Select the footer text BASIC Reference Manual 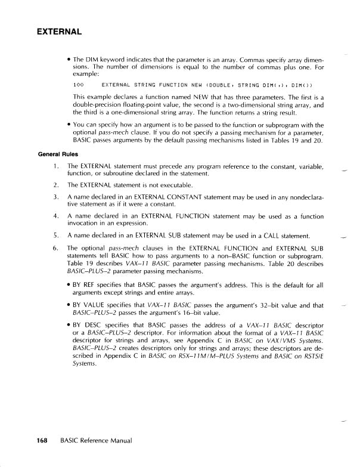[x=95, y=441]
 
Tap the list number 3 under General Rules [x=55, y=196]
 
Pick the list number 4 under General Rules [x=55, y=214]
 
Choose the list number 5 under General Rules [x=55, y=233]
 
